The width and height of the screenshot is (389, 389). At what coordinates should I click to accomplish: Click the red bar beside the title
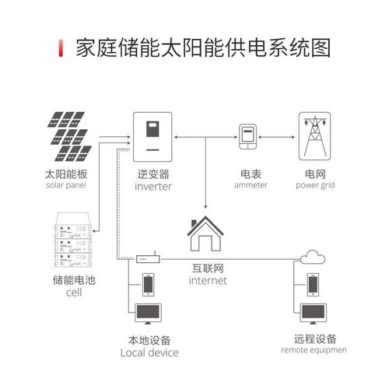pos(61,48)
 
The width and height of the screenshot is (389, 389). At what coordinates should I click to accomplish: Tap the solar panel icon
pos(69,136)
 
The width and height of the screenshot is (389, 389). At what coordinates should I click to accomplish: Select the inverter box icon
pos(152,137)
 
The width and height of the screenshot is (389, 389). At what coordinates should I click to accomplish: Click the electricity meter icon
pos(247,137)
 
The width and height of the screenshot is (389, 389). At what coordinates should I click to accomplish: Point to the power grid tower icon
pos(314,136)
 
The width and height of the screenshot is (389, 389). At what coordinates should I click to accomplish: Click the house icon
pos(205,233)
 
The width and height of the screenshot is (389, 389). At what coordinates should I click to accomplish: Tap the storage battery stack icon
pos(73,240)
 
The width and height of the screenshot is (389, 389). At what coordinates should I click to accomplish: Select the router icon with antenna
pos(149,258)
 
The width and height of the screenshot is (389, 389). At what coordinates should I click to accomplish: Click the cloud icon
pos(313,257)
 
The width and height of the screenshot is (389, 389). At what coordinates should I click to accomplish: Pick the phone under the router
pos(149,285)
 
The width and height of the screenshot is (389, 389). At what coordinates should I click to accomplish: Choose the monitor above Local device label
pos(148,314)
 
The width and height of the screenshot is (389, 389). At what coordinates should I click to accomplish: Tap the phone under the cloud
pos(313,285)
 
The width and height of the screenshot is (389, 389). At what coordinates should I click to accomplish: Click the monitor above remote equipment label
pos(314,314)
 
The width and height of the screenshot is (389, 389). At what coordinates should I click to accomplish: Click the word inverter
pos(153,187)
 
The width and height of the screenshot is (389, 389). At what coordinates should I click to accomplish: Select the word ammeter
pos(251,185)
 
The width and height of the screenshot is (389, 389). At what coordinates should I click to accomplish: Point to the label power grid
pos(315,185)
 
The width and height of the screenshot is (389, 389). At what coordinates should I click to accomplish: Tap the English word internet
pos(208,281)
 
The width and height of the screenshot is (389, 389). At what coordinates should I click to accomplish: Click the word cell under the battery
pos(74,293)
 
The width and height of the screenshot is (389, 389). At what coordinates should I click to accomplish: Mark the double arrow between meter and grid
pos(276,137)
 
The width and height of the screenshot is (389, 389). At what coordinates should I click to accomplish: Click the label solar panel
pos(66,185)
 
